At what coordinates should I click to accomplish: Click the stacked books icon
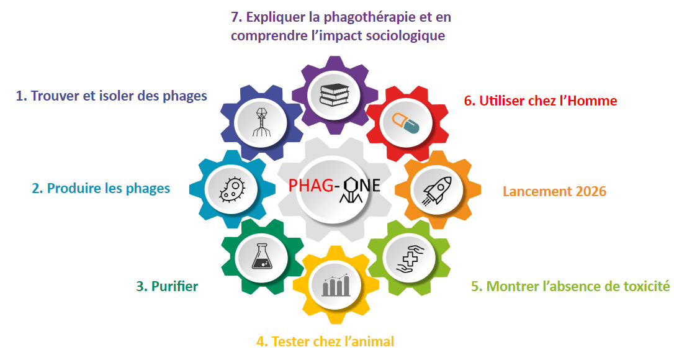[335, 94]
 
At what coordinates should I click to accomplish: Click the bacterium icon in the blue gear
[232, 186]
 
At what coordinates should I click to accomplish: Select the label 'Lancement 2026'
[554, 191]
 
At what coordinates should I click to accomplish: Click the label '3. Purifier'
[167, 286]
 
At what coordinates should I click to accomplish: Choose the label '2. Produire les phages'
[101, 188]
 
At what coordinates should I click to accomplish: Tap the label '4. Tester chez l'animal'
[325, 341]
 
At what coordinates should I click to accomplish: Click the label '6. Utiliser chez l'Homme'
[541, 101]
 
